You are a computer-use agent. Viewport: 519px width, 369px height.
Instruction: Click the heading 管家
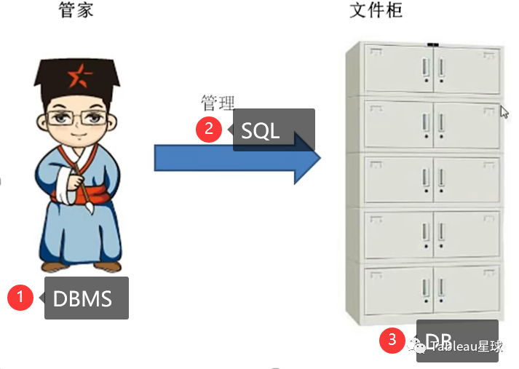pyautogui.click(x=76, y=10)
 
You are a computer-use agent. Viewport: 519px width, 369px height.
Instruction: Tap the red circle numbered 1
pyautogui.click(x=20, y=297)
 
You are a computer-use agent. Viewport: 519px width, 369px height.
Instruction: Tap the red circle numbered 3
pyautogui.click(x=392, y=338)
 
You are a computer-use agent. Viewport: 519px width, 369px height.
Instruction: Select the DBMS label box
pyautogui.click(x=87, y=298)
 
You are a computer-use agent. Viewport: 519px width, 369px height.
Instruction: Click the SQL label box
pyautogui.click(x=274, y=130)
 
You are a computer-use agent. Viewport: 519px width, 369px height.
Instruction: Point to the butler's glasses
pyautogui.click(x=75, y=117)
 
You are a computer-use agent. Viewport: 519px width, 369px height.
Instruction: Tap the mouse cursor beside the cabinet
pyautogui.click(x=504, y=112)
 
